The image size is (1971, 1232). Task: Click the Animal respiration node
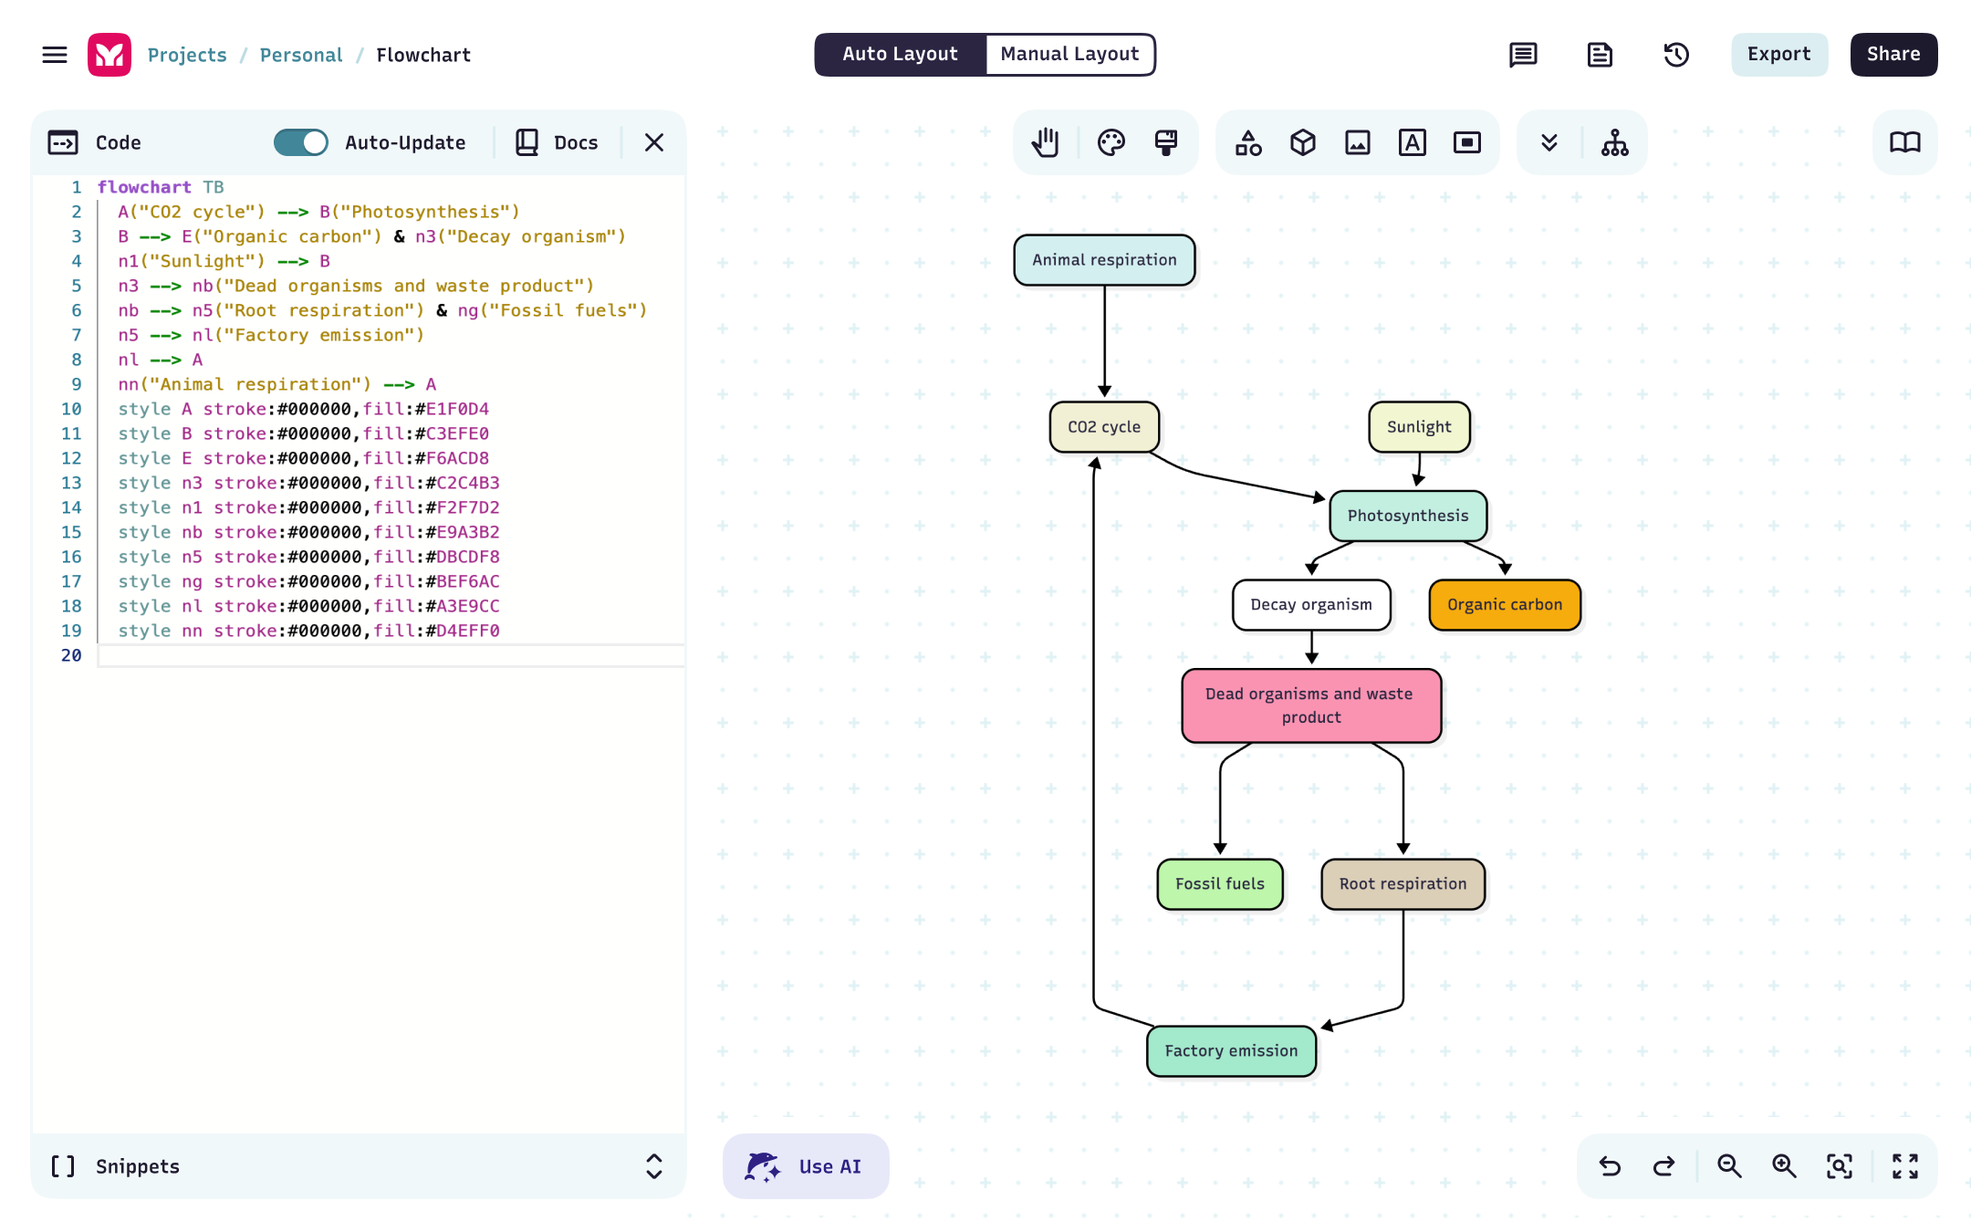[x=1104, y=260]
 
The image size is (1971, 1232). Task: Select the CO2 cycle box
[x=1104, y=427]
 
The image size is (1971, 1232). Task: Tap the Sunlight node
[x=1419, y=427]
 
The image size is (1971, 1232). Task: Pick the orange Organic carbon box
[x=1505, y=605]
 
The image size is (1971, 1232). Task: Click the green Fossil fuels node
[x=1220, y=884]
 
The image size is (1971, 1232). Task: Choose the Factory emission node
[x=1231, y=1051]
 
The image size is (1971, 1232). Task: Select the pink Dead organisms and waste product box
[x=1311, y=705]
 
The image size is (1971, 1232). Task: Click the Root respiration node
[x=1403, y=884]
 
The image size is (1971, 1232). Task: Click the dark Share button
[x=1893, y=55]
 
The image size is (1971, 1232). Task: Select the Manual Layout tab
[x=1069, y=55]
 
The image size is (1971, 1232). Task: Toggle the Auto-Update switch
[x=301, y=142]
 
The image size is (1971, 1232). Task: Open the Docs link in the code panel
[x=558, y=142]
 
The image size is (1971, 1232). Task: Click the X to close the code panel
[x=654, y=142]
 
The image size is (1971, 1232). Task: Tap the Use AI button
[x=806, y=1166]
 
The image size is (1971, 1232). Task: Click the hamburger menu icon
[x=55, y=55]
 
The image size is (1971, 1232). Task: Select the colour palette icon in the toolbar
[x=1111, y=142]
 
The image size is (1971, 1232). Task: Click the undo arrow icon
[x=1610, y=1166]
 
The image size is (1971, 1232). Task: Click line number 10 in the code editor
[x=71, y=409]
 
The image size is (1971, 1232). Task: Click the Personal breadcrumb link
[x=301, y=55]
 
